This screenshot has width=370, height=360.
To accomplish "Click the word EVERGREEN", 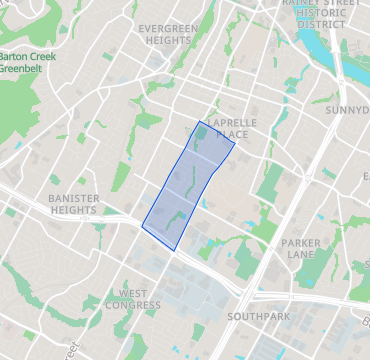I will click(x=168, y=28).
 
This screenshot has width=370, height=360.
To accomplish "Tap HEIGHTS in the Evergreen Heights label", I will click(x=168, y=41).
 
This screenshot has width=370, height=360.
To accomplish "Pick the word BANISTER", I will click(x=74, y=198).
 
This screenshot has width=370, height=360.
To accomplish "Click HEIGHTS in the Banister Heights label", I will click(x=74, y=211).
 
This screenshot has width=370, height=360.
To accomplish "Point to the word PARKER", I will click(x=301, y=243).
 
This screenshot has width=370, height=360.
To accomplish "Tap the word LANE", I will click(x=301, y=256).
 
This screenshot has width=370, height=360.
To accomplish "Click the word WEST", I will click(x=133, y=292).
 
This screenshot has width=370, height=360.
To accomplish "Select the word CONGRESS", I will click(x=133, y=305).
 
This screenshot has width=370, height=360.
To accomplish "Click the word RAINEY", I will click(x=304, y=3).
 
